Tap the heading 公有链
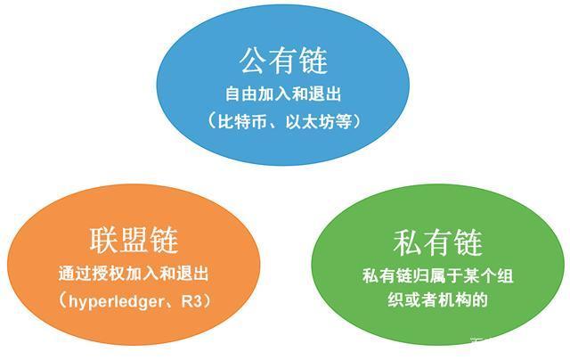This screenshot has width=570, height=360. tap(284, 61)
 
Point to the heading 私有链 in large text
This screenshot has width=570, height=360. tap(437, 242)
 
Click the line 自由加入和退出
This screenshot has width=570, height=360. tap(283, 93)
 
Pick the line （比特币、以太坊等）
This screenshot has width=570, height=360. tap(284, 119)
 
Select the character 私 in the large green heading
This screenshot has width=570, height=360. tap(406, 242)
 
